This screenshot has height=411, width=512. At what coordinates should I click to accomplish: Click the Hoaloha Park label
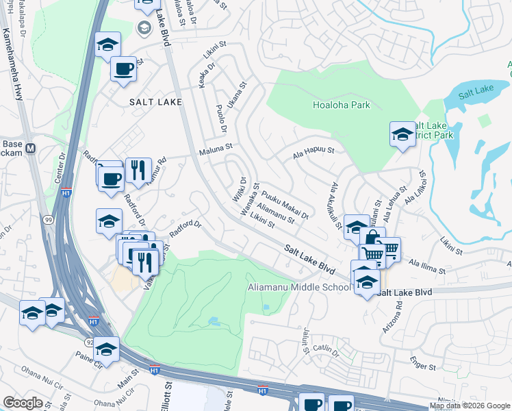point(341,105)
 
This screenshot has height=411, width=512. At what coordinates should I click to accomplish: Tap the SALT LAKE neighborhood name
point(156,101)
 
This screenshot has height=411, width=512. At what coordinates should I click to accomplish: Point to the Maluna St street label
point(216,146)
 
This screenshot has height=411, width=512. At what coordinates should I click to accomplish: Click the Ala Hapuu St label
point(313,150)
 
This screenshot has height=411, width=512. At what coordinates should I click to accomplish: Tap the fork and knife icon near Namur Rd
point(138,169)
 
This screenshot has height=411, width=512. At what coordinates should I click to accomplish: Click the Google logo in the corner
point(23,403)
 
